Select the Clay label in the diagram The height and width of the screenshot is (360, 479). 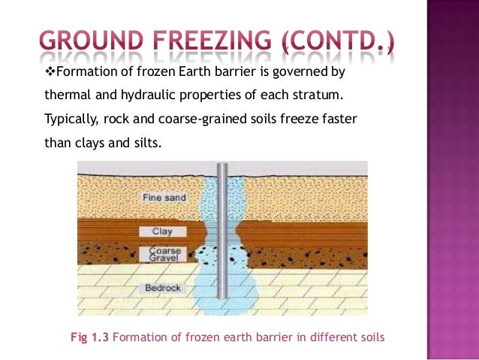click(162, 231)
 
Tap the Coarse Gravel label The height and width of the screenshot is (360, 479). click(164, 256)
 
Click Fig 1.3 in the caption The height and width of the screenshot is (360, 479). click(89, 337)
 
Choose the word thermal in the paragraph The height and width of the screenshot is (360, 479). click(66, 95)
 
